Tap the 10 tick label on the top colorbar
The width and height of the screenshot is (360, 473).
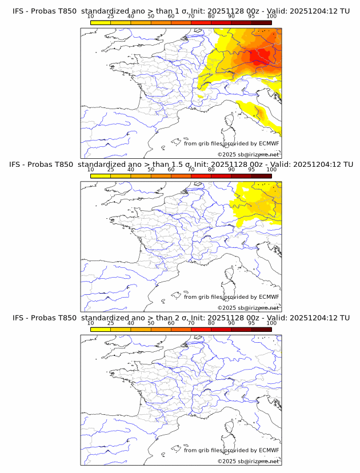90,17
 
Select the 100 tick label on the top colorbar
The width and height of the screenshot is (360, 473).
271,17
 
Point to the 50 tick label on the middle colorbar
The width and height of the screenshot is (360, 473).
151,170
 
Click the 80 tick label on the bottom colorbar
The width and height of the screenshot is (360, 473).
211,323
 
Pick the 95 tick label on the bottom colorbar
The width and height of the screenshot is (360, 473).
251,323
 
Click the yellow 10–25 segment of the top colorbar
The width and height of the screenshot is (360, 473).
101,22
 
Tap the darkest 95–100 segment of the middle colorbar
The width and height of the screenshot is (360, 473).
261,175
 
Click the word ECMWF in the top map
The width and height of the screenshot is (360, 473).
269,144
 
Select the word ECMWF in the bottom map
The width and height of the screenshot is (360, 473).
269,450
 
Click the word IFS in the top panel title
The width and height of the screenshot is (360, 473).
18,11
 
